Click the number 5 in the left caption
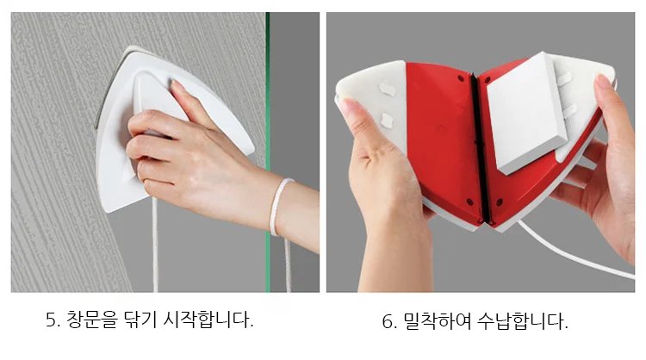pyautogui.click(x=51, y=320)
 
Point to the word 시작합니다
pyautogui.click(x=208, y=320)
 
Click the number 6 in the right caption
pyautogui.click(x=388, y=321)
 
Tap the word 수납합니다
pyautogui.click(x=523, y=321)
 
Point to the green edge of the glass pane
pyautogui.click(x=267, y=152)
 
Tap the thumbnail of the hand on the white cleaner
pyautogui.click(x=177, y=86)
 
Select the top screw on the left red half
pyautogui.click(x=461, y=78)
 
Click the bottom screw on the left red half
pyautogui.click(x=469, y=202)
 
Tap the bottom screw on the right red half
pyautogui.click(x=500, y=202)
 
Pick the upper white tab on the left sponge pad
pyautogui.click(x=388, y=89)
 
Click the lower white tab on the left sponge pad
pyautogui.click(x=387, y=120)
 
